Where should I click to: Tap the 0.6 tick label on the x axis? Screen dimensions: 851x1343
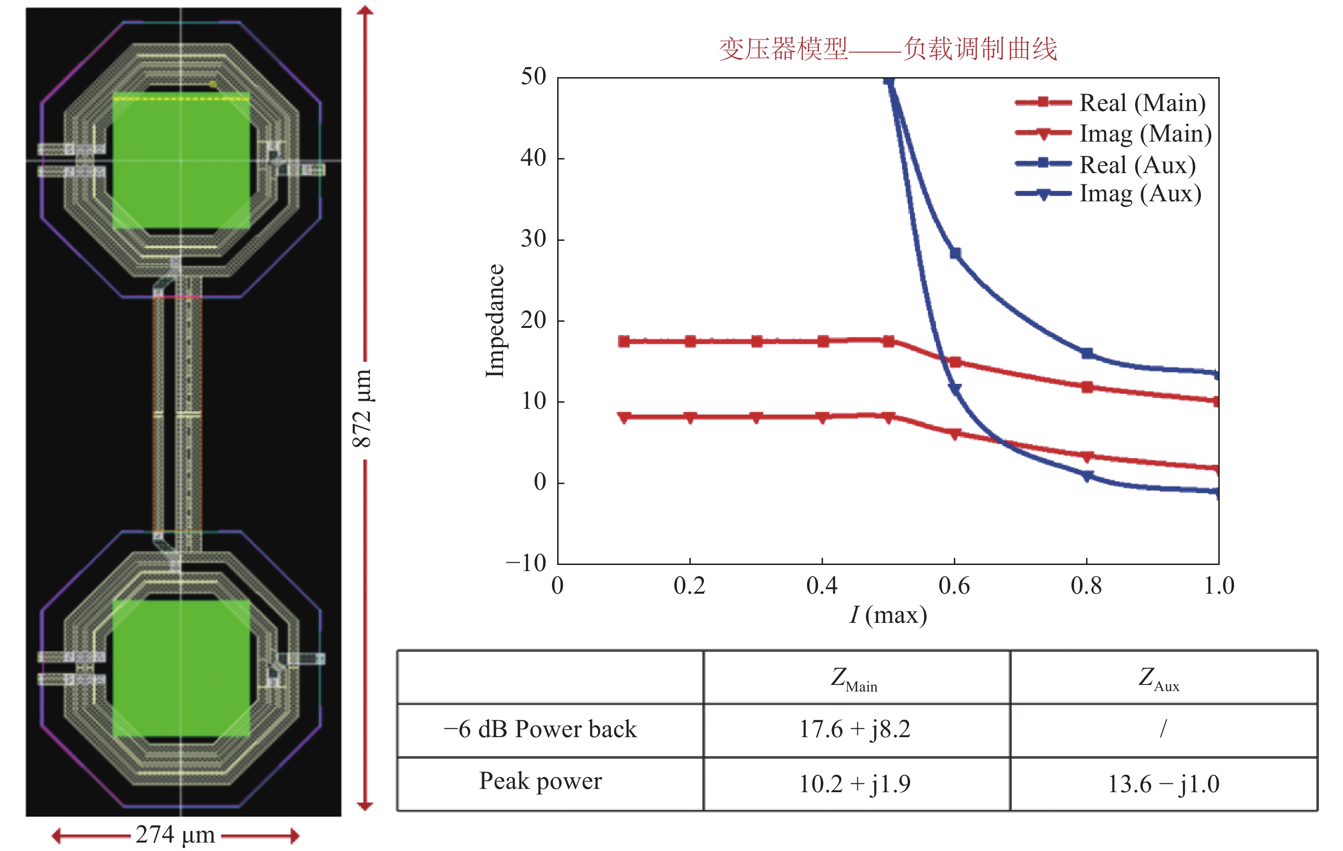click(954, 586)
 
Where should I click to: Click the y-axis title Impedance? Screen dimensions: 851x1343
click(494, 321)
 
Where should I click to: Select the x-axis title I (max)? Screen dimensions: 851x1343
click(888, 615)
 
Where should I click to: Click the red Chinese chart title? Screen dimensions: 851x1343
click(888, 49)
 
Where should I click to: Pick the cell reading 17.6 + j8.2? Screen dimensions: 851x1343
click(855, 729)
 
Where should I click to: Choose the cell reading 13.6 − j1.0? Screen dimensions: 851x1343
click(1163, 784)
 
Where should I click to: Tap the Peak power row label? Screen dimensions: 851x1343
click(540, 781)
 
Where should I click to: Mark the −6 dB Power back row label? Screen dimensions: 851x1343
click(540, 729)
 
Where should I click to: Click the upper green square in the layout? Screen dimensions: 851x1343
click(181, 160)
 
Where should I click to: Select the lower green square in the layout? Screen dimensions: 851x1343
click(181, 668)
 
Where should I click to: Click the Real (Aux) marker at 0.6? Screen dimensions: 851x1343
click(955, 254)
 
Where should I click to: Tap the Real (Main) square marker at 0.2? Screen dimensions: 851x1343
click(690, 341)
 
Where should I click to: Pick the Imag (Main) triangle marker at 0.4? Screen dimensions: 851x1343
click(822, 417)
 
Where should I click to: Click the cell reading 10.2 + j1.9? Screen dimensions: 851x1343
click(855, 784)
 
